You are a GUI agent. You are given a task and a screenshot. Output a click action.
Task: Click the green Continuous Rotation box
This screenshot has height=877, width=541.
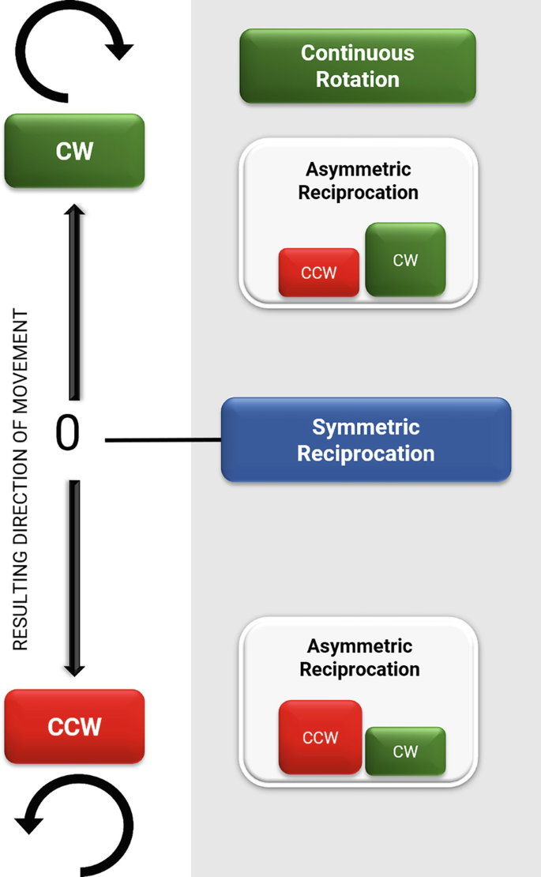pyautogui.click(x=358, y=66)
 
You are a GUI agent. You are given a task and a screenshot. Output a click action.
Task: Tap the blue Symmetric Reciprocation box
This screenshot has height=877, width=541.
pyautogui.click(x=366, y=439)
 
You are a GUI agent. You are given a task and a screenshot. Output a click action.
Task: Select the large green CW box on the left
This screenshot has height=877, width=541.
pyautogui.click(x=74, y=150)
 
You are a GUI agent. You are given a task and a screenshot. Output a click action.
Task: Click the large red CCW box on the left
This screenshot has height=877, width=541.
pyautogui.click(x=74, y=726)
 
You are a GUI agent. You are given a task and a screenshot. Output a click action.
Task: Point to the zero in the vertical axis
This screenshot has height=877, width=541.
pyautogui.click(x=68, y=433)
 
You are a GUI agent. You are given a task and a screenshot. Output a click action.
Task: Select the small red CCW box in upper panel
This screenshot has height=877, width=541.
pyautogui.click(x=319, y=273)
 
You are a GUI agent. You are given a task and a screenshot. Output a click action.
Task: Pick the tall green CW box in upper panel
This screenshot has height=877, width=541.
pyautogui.click(x=406, y=259)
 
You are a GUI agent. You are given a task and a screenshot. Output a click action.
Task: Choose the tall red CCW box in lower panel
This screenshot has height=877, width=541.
pyautogui.click(x=320, y=737)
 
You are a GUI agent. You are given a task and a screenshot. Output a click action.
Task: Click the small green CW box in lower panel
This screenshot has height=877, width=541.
pyautogui.click(x=406, y=751)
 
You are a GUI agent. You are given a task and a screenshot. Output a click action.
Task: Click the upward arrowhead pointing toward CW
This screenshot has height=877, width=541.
pyautogui.click(x=74, y=210)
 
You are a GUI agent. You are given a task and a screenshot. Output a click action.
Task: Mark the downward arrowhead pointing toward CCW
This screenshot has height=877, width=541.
pyautogui.click(x=74, y=670)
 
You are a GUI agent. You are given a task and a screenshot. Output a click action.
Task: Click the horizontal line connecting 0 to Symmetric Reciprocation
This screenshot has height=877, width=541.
pyautogui.click(x=163, y=440)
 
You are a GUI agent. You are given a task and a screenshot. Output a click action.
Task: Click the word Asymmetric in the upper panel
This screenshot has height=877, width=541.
pyautogui.click(x=359, y=169)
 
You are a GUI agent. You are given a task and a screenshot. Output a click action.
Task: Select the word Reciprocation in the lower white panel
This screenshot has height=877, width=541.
pyautogui.click(x=359, y=669)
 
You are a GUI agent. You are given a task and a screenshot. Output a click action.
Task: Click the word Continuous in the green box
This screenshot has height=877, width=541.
pyautogui.click(x=358, y=53)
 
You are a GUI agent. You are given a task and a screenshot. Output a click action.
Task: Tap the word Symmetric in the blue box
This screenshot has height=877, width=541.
pyautogui.click(x=366, y=427)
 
